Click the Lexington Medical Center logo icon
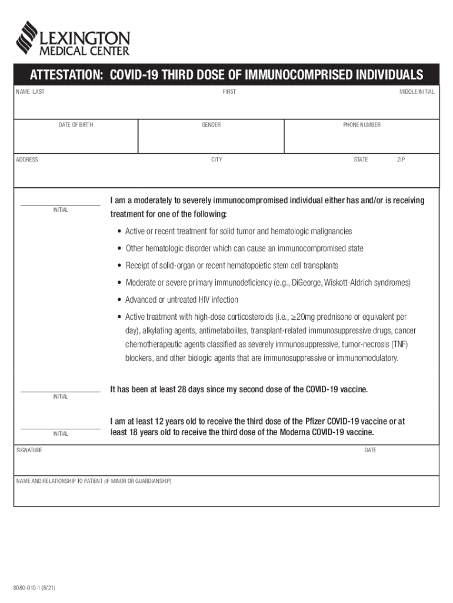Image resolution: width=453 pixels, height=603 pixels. (x=26, y=37)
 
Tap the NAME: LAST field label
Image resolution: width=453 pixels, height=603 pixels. (x=30, y=92)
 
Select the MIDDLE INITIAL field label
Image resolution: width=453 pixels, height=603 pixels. (x=417, y=92)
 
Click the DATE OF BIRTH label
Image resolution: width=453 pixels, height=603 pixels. (x=75, y=125)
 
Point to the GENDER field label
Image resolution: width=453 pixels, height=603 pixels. (x=211, y=125)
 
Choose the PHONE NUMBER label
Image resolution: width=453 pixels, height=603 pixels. (x=362, y=125)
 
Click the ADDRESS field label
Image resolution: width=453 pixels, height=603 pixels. (x=27, y=160)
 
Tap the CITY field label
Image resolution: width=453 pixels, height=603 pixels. (x=217, y=160)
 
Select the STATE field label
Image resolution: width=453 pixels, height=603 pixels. (x=361, y=160)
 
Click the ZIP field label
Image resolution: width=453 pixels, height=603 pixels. (x=401, y=160)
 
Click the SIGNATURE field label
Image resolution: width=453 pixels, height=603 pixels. (x=29, y=450)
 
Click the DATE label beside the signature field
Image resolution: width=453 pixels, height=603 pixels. (x=370, y=450)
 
